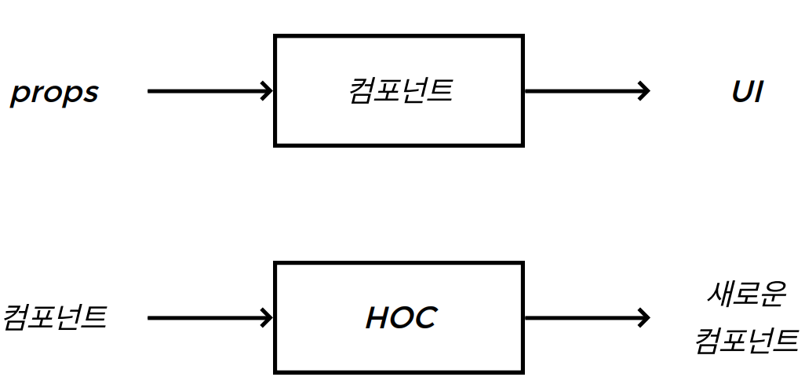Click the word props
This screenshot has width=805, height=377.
click(54, 93)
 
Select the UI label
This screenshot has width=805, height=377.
click(747, 92)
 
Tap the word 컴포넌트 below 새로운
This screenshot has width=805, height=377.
click(745, 341)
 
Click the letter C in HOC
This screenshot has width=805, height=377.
click(424, 317)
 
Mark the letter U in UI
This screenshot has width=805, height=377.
click(741, 92)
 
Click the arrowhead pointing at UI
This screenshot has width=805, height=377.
click(643, 91)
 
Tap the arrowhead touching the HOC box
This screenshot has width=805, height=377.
click(267, 318)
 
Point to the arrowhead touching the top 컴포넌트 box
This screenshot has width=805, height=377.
click(267, 91)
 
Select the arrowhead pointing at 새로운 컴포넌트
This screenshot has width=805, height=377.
click(643, 318)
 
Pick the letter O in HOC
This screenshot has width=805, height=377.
click(401, 317)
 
